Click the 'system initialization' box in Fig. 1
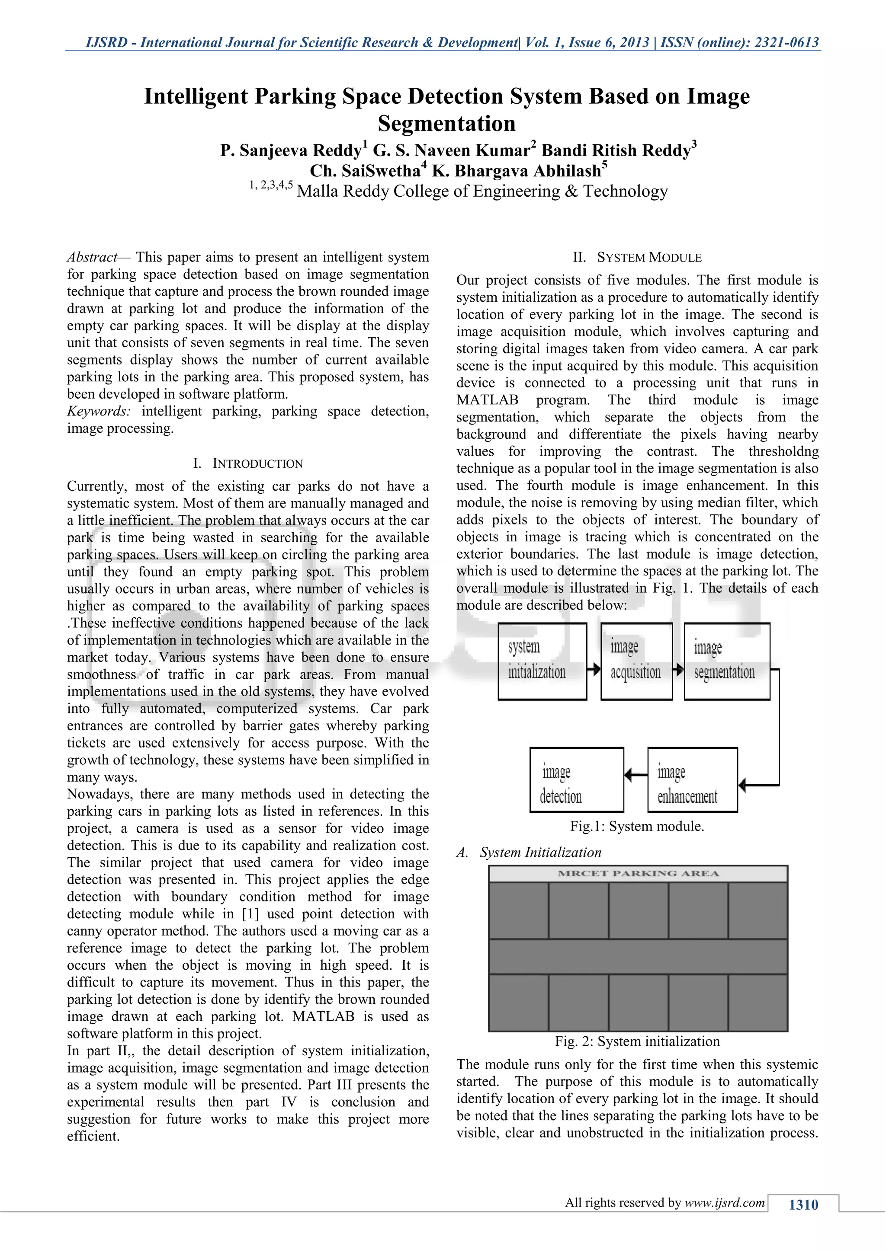543,661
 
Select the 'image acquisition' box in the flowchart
636,661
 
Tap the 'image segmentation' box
727,661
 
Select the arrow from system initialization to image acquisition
594,668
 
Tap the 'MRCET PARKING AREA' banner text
638,873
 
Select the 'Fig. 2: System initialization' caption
637,1041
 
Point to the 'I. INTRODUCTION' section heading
248,463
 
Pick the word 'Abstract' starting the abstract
92,257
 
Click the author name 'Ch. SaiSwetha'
364,171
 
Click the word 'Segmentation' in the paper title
446,123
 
